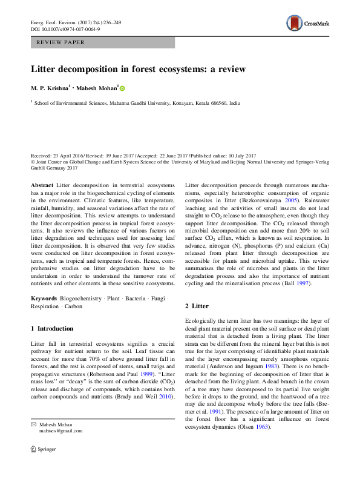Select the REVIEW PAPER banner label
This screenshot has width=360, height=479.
(61, 42)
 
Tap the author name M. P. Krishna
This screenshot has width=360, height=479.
(51, 88)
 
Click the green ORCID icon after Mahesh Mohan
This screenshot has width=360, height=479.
(122, 88)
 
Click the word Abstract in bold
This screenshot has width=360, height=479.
(42, 184)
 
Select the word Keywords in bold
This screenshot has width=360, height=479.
(44, 299)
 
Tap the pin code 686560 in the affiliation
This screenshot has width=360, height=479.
(218, 104)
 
